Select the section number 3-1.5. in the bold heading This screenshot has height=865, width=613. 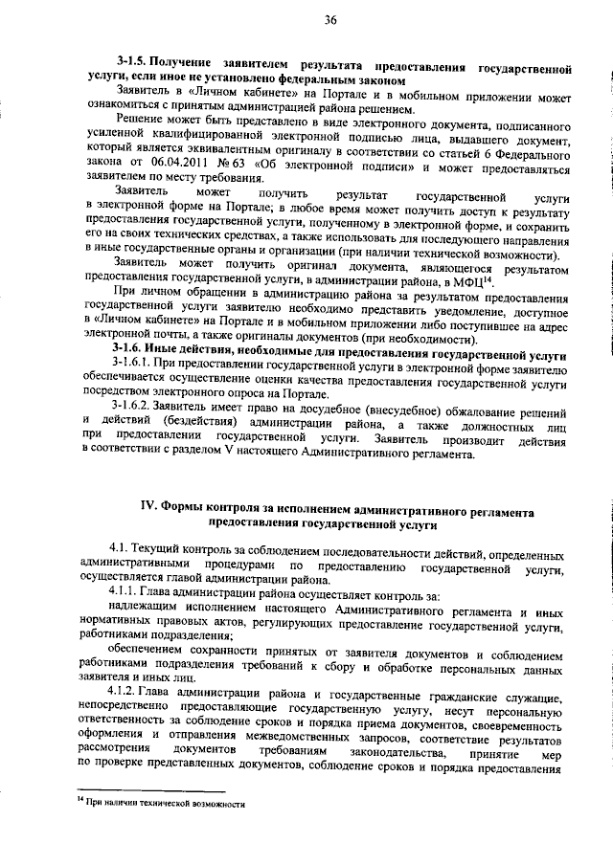tap(131, 70)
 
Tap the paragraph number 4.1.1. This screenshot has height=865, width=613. tap(126, 594)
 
